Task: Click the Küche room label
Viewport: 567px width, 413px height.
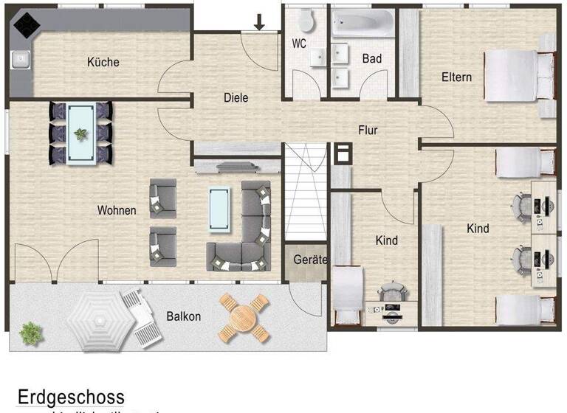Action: point(103,62)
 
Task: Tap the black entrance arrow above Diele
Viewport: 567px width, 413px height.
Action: point(259,23)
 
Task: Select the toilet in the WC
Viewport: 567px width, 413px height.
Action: point(306,21)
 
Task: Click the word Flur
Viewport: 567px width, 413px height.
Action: point(368,131)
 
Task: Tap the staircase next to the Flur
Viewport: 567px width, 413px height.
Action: point(306,192)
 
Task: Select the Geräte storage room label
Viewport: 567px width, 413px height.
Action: point(306,260)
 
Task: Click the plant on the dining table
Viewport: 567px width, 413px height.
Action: point(80,133)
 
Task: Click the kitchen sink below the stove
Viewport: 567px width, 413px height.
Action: point(20,58)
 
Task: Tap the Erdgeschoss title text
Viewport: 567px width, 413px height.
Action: point(71,398)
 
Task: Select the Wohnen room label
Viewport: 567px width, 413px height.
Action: point(117,210)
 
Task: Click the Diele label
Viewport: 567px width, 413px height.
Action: point(236,97)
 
